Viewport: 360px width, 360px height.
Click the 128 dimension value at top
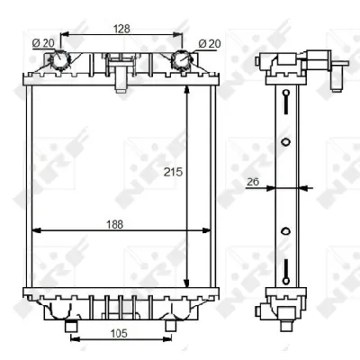coord(121,29)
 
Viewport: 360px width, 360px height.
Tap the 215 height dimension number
coord(173,172)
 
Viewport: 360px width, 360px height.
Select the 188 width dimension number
coord(115,224)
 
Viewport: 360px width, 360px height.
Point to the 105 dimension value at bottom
coord(119,333)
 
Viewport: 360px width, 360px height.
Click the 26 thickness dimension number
coord(253,182)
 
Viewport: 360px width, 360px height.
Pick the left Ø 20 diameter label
coord(43,43)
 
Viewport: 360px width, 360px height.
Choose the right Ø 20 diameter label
coord(210,44)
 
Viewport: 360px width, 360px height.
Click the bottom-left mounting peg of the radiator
coord(71,326)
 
